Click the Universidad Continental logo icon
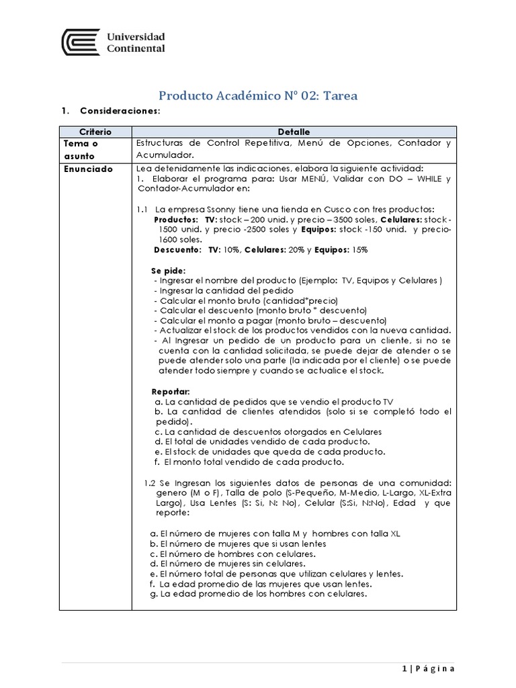pos(79,42)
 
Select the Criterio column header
pos(95,132)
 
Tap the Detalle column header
pos(294,132)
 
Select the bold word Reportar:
pos(171,391)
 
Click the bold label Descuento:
pos(178,249)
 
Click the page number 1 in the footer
pos(404,668)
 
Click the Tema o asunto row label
pos(81,148)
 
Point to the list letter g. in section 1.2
pos(154,594)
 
